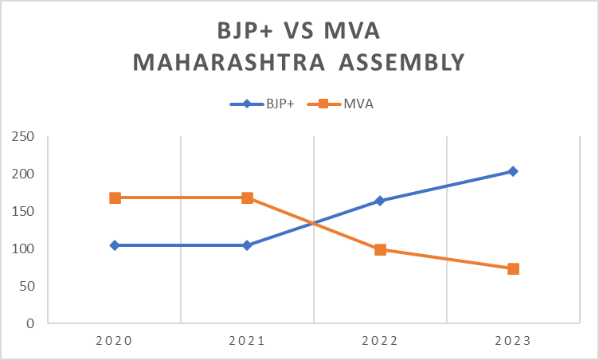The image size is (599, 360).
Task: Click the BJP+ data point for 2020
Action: tap(115, 245)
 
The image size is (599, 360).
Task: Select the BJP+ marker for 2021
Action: tap(247, 245)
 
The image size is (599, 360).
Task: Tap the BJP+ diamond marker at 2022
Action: tap(380, 201)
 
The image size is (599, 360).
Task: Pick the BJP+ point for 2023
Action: tap(513, 171)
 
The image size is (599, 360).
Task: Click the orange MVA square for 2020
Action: tap(115, 198)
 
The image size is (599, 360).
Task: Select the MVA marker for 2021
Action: tap(247, 198)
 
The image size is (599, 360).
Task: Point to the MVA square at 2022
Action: tap(380, 249)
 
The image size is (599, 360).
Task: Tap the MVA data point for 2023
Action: tap(513, 268)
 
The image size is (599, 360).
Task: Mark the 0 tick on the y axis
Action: tap(30, 323)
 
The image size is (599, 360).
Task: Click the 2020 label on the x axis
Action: tap(115, 340)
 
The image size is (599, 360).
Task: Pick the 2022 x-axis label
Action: tap(380, 340)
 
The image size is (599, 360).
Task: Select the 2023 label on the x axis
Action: tap(513, 340)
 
